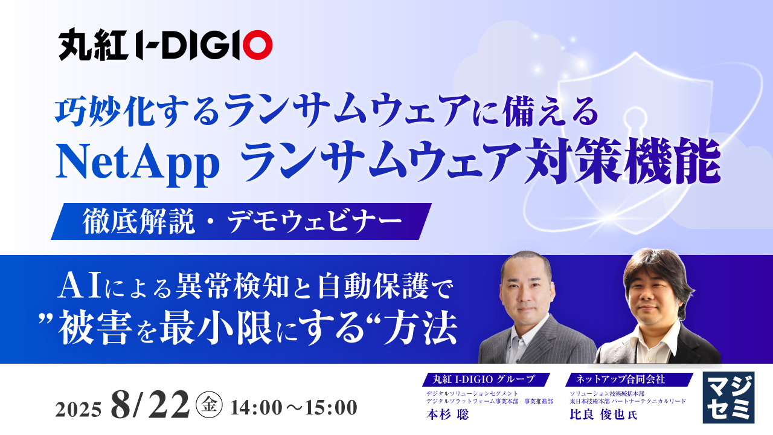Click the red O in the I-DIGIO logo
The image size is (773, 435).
click(257, 45)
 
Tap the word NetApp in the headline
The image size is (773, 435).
click(138, 163)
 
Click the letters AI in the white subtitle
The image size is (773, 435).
click(80, 286)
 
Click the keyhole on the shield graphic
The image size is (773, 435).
click(635, 125)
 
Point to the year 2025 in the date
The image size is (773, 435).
click(79, 410)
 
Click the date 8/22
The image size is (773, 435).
click(150, 405)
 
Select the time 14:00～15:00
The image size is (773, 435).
click(293, 408)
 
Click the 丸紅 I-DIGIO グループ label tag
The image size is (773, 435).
click(487, 379)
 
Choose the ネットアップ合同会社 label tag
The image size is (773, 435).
click(629, 379)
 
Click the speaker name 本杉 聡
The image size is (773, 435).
click(447, 414)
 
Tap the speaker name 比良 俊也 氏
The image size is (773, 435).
click(603, 414)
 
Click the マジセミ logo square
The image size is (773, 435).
click(728, 398)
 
